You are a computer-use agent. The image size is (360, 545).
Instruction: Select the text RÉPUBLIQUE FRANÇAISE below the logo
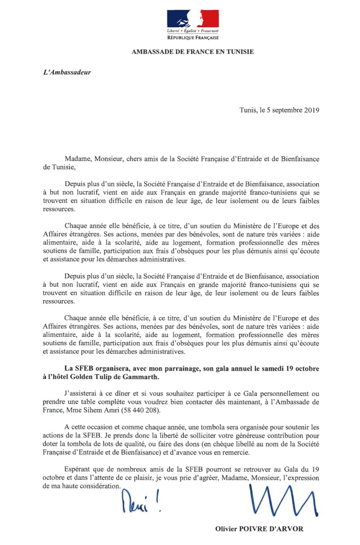point(192,38)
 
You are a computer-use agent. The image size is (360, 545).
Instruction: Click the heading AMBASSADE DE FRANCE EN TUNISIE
point(192,52)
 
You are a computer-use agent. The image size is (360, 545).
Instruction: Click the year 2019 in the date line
point(311,109)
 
